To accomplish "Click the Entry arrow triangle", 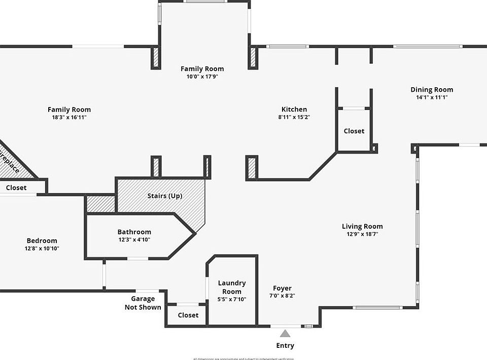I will click(285, 334).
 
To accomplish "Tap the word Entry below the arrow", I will click(285, 346).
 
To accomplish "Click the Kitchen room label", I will click(294, 109).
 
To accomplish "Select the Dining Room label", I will click(432, 90).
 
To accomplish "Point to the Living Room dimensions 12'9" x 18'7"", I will click(362, 234).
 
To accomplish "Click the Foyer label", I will click(282, 288).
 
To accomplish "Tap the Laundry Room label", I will click(232, 287).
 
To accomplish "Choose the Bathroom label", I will click(134, 232).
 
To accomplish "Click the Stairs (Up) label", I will click(165, 196).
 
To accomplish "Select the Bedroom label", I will click(42, 240).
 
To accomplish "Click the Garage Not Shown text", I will click(143, 303).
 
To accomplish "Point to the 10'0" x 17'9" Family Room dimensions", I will click(202, 77).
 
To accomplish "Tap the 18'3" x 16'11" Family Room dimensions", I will click(69, 117).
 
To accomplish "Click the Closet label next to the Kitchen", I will click(354, 131).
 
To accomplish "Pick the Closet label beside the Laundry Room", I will click(188, 315).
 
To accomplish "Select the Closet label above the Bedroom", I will click(16, 188).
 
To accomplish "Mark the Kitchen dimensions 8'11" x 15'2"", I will click(294, 117).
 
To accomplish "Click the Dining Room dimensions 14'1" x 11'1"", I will click(432, 97).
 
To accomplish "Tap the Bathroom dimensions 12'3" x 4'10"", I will click(134, 239).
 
